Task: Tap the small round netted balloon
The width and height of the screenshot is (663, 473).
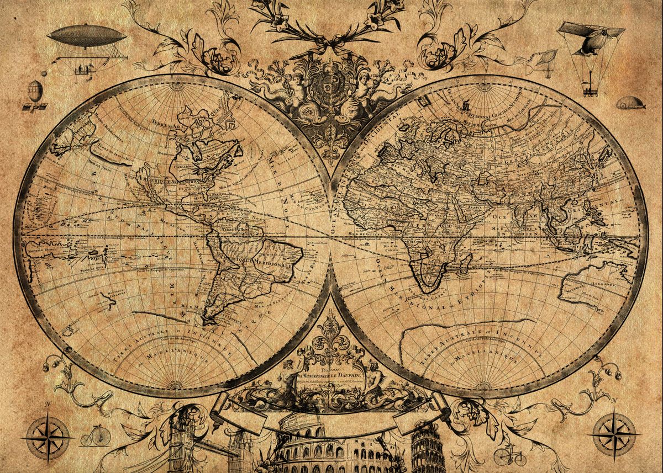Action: pos(35,89)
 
